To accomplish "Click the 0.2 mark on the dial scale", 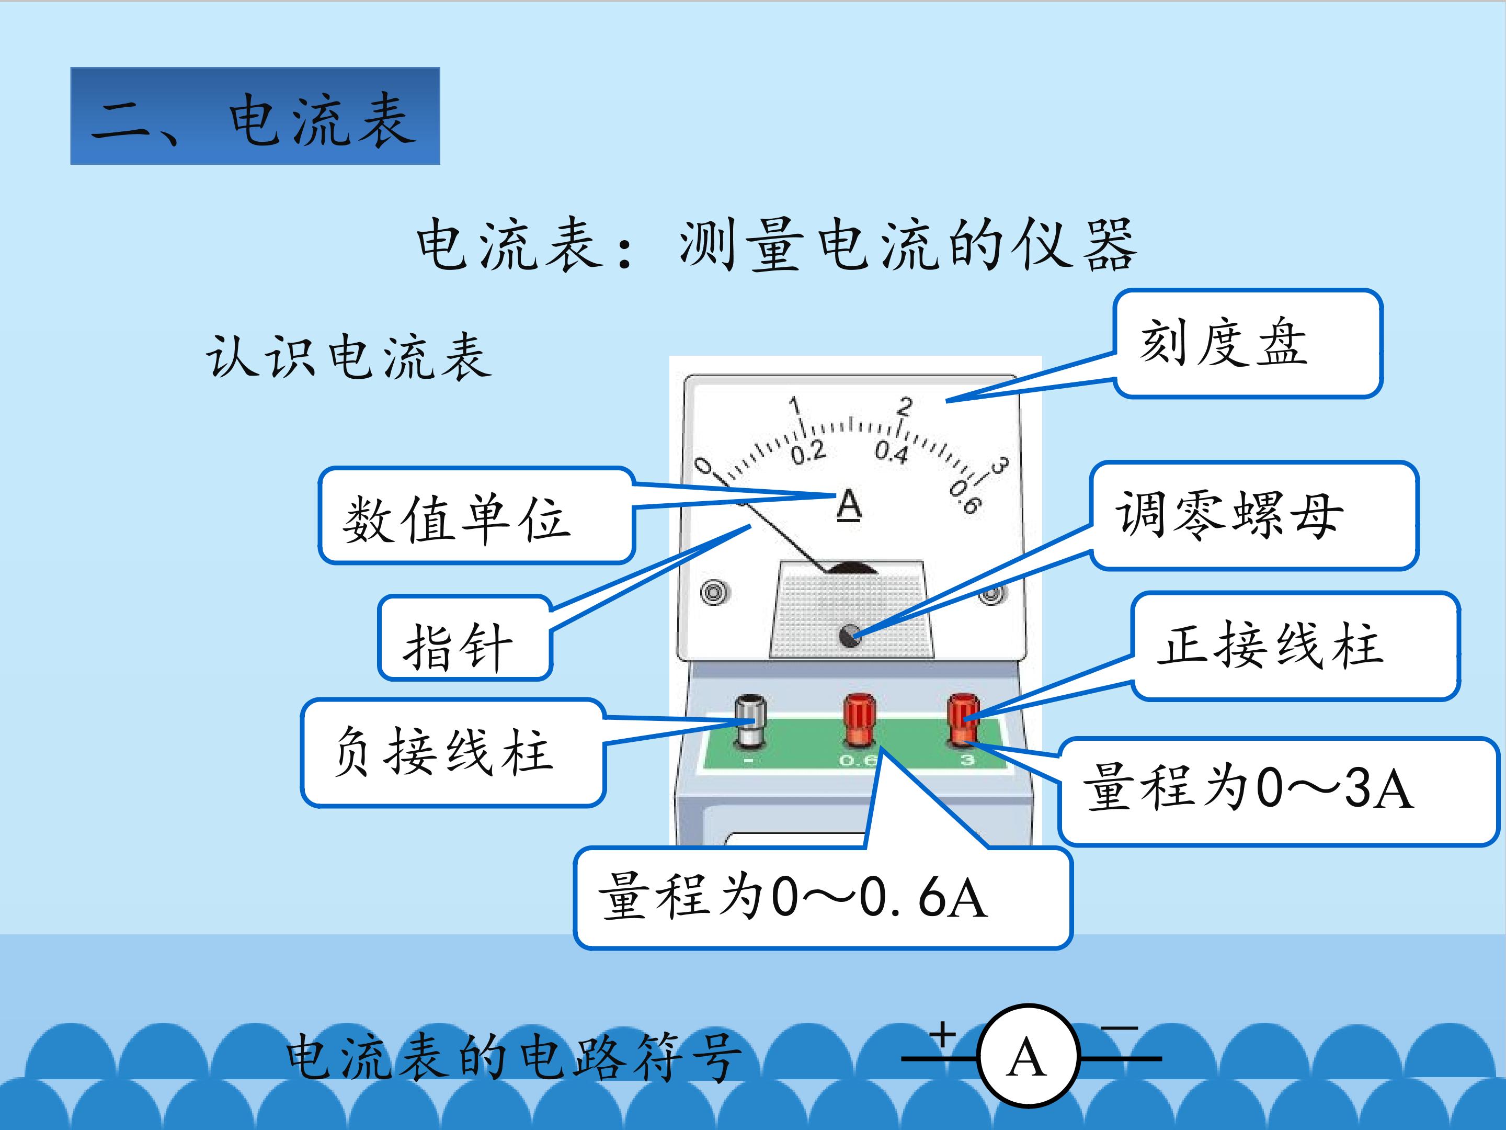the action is pos(808,451).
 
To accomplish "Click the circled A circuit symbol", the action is pos(1028,1057).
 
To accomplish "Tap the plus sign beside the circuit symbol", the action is pos(944,1035).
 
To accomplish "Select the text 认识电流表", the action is pos(349,356).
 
